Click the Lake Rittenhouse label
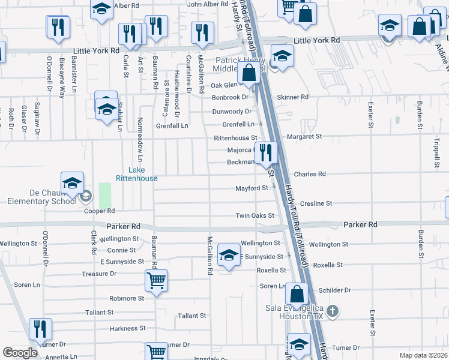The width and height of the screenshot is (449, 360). [x=136, y=174]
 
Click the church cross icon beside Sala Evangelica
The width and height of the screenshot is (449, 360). [x=334, y=311]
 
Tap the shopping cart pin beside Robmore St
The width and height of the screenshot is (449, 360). [x=156, y=280]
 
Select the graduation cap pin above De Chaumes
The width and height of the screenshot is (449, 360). [x=72, y=183]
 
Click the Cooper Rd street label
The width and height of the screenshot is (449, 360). [x=100, y=211]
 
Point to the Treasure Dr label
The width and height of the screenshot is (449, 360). [x=99, y=274]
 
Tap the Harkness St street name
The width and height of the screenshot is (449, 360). [x=124, y=329]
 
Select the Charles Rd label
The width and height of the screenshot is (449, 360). [x=310, y=175]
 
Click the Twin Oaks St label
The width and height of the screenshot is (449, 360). [x=255, y=216]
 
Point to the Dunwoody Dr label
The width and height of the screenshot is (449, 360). [x=232, y=112]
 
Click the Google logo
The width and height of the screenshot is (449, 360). [x=20, y=353]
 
